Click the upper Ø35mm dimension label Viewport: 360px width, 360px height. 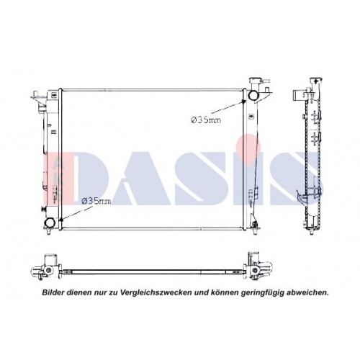[x=205, y=120]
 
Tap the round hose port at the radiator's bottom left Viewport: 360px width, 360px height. [x=50, y=222]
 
